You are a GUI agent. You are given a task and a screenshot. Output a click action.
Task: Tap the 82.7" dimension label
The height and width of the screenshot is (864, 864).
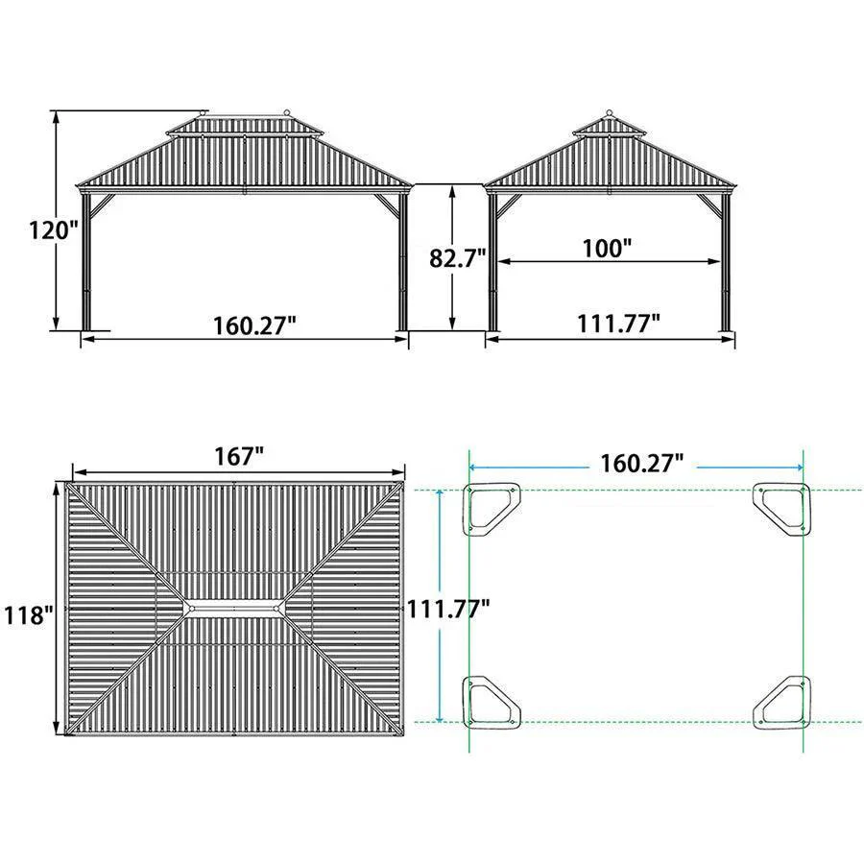pyautogui.click(x=457, y=257)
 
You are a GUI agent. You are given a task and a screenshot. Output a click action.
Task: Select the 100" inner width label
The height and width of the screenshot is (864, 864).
pyautogui.click(x=607, y=248)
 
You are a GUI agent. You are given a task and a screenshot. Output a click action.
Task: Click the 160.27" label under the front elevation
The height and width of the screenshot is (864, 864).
pyautogui.click(x=254, y=325)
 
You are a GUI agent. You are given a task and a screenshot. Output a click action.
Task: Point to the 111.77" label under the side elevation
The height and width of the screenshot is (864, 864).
pyautogui.click(x=618, y=324)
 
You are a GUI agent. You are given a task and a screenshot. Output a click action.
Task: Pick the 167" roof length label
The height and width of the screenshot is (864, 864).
pyautogui.click(x=239, y=457)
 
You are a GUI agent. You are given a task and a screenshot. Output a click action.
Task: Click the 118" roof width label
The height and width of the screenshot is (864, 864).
pyautogui.click(x=29, y=614)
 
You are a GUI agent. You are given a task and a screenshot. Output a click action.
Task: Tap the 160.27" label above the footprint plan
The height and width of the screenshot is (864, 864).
pyautogui.click(x=642, y=463)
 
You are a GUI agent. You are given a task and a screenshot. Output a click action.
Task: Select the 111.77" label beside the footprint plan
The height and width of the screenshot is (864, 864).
pyautogui.click(x=448, y=609)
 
